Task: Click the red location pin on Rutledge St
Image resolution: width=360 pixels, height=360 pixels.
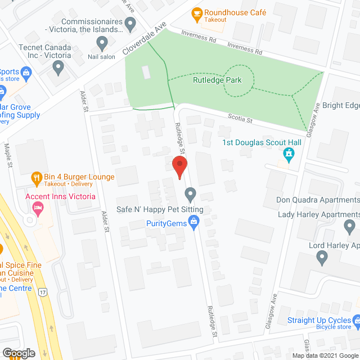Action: pyautogui.click(x=179, y=167)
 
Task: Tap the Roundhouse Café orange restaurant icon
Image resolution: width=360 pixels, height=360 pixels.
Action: pyautogui.click(x=196, y=13)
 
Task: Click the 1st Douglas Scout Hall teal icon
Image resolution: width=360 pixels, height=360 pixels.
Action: pyautogui.click(x=289, y=153)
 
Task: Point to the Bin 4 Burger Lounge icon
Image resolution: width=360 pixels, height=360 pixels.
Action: pyautogui.click(x=37, y=177)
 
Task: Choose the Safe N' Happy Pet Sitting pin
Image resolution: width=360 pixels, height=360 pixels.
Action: pyautogui.click(x=190, y=195)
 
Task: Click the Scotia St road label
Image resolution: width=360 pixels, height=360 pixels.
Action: pyautogui.click(x=241, y=119)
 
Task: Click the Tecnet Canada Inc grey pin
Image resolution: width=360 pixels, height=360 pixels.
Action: pyautogui.click(x=57, y=67)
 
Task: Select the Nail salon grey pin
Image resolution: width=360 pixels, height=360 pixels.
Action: pyautogui.click(x=102, y=43)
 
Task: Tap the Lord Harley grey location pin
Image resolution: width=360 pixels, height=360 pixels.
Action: pyautogui.click(x=322, y=258)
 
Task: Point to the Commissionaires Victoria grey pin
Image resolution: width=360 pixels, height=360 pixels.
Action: pyautogui.click(x=130, y=24)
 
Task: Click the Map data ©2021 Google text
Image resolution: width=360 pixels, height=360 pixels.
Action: pyautogui.click(x=325, y=355)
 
